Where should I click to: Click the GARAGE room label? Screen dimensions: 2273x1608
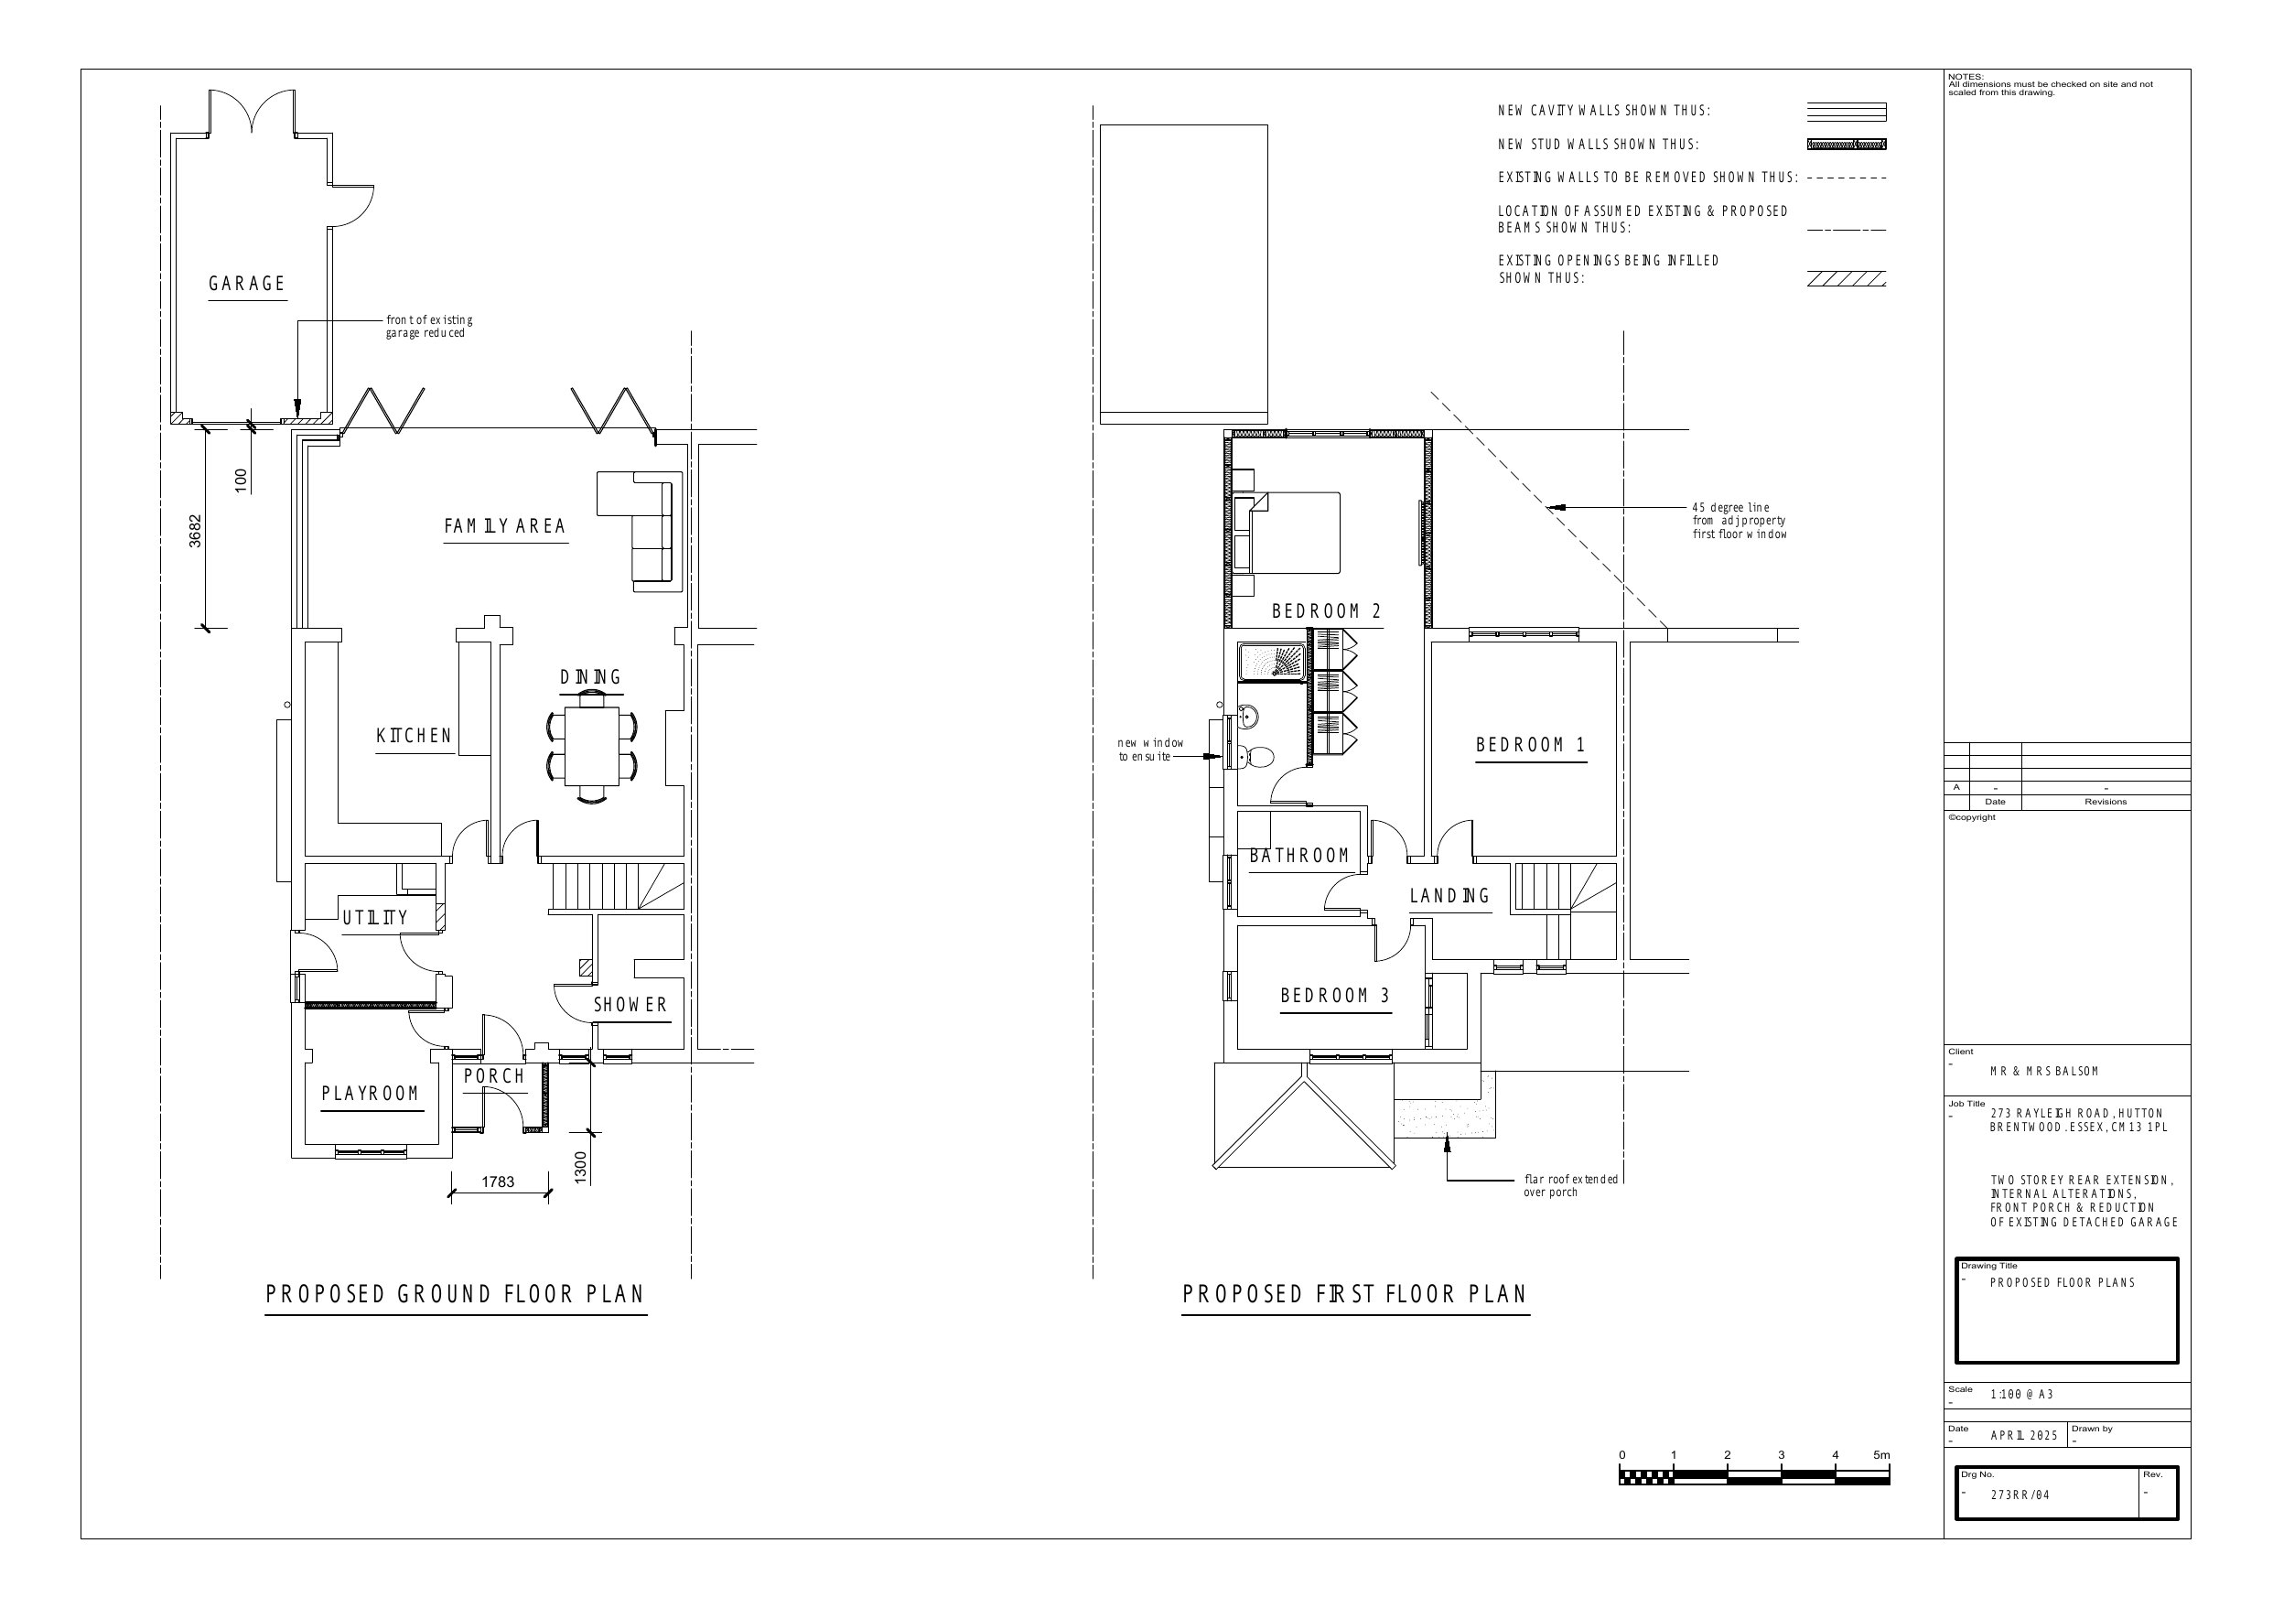pos(246,285)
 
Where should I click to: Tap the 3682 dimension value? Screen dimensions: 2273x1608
pos(195,531)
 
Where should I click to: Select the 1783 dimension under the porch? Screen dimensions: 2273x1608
pos(498,1182)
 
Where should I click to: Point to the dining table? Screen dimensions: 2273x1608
pos(592,746)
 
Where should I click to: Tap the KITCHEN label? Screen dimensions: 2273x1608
pos(414,736)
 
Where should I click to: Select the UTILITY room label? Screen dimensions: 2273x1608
pos(375,918)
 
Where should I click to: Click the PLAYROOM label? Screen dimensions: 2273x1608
pos(371,1093)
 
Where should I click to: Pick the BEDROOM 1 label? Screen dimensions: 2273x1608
pos(1531,745)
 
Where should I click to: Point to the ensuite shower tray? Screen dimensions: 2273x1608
pos(1274,661)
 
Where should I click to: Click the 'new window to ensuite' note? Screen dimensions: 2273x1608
pos(1150,750)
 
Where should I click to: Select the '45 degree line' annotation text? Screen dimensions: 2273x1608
pos(1740,521)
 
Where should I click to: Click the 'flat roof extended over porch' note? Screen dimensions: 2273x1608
pos(1571,1185)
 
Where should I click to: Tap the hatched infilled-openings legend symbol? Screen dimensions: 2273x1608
pos(1847,278)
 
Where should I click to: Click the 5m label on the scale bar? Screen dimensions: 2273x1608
pos(1881,1454)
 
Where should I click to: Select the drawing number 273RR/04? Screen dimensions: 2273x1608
pos(2020,1495)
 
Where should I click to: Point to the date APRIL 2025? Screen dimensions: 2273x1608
pos(2023,1436)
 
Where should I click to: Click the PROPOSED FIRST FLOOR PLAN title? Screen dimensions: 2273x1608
pos(1355,1294)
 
